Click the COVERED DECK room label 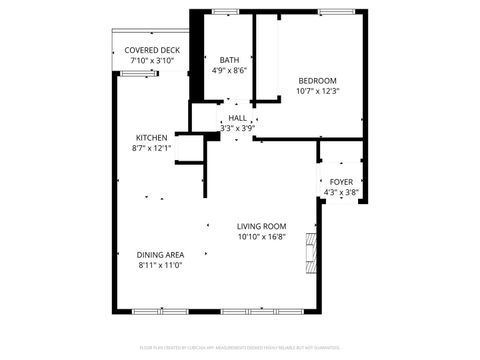pos(152,50)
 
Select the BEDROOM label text pos(317,81)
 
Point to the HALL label pos(237,118)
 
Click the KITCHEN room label pos(152,138)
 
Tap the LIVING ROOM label pos(262,227)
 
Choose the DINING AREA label pos(160,255)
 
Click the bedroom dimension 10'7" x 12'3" pos(317,92)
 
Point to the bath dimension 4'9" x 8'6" pos(228,71)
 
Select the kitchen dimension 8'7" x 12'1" pos(152,149)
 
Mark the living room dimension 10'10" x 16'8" pos(262,238)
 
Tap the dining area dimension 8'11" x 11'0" pos(160,266)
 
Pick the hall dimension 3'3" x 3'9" pos(237,128)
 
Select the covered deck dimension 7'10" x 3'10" pos(152,61)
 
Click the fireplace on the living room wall pos(312,255)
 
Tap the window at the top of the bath pos(225,11)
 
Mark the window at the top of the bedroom pos(335,11)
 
